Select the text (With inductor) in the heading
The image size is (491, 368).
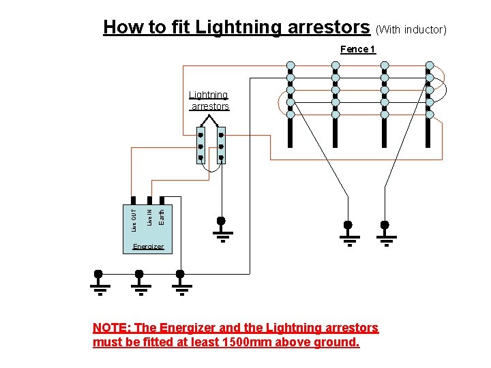point(411,29)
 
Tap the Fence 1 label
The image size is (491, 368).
point(357,49)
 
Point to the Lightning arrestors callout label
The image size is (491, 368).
point(209,101)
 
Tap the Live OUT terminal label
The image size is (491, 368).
point(134,213)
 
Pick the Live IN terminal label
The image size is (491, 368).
point(149,213)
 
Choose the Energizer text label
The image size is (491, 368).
point(148,246)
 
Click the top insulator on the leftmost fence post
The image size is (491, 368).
point(291,66)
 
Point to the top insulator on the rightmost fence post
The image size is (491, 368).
point(430,66)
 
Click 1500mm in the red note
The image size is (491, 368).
point(248,342)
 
